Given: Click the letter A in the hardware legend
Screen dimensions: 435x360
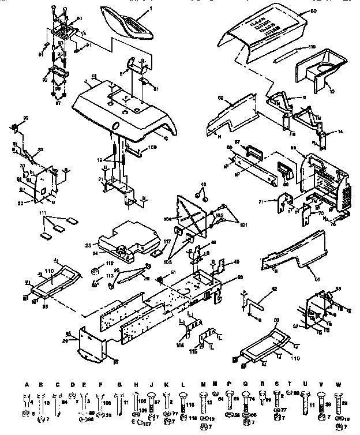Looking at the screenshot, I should (27, 384).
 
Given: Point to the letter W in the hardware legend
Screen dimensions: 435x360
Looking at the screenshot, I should (339, 384).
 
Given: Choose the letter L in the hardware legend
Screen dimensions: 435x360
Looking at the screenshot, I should (182, 384).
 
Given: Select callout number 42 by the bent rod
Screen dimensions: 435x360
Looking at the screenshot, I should (274, 288).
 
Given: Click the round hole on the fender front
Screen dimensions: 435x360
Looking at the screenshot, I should (115, 126).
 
